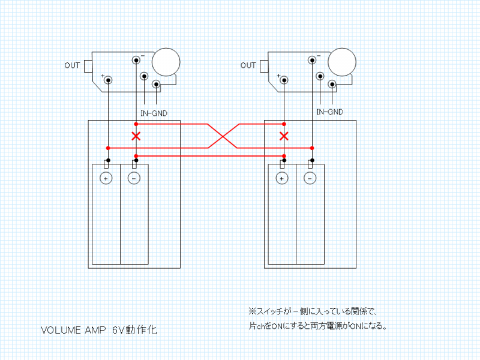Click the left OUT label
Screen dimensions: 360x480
tap(72, 65)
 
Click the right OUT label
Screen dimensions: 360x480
tap(248, 65)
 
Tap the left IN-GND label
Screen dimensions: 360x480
tap(154, 112)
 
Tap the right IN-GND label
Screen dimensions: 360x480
tap(329, 112)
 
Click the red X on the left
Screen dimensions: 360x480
tap(136, 136)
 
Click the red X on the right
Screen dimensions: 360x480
tap(284, 136)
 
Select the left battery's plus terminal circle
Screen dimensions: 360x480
tap(106, 178)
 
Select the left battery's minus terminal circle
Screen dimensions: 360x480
tap(134, 178)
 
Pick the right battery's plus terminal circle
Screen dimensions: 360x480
tap(281, 178)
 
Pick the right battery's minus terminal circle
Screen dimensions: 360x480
tap(310, 178)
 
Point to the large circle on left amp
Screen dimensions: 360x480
tap(166, 62)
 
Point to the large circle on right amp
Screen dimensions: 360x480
tap(341, 62)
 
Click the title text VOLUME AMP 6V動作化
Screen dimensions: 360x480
tap(100, 331)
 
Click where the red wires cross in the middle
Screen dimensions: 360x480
tap(224, 136)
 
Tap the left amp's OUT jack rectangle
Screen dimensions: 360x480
tap(88, 65)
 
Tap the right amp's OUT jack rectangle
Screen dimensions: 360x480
tap(263, 65)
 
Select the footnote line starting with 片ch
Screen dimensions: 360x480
tap(317, 326)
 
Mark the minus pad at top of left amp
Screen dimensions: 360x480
tap(137, 60)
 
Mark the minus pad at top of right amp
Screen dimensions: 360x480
tap(313, 60)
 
